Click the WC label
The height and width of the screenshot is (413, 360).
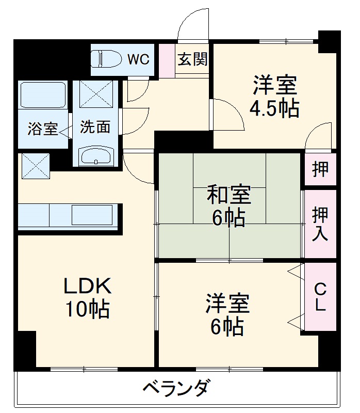138,59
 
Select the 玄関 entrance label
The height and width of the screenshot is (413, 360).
193,59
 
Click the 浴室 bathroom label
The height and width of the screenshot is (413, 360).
43,129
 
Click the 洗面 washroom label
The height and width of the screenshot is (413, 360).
95,126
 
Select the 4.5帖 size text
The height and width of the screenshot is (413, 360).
274,108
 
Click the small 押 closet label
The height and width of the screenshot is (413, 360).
320,169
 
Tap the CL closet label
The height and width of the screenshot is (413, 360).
320,296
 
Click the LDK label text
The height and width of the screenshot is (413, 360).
87,285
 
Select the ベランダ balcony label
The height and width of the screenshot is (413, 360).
176,387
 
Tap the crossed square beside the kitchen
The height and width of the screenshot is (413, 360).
36,166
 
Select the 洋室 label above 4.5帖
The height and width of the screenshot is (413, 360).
274,85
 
